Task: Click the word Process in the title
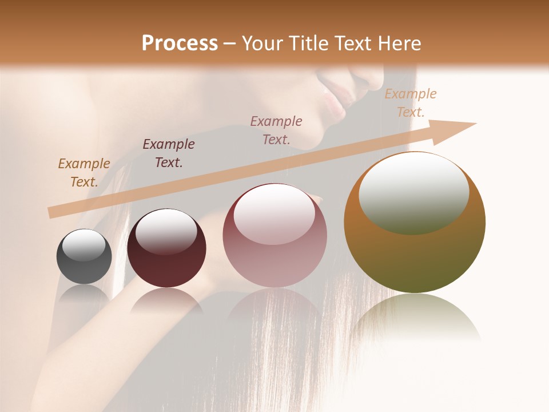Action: pyautogui.click(x=180, y=43)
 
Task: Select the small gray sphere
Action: pyautogui.click(x=84, y=257)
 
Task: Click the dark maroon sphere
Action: pyautogui.click(x=166, y=248)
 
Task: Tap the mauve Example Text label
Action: pyautogui.click(x=276, y=130)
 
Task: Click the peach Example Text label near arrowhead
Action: pyautogui.click(x=410, y=103)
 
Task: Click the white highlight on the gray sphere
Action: pyautogui.click(x=83, y=245)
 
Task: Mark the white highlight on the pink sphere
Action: pyautogui.click(x=274, y=213)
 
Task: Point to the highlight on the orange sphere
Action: pyautogui.click(x=413, y=192)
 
